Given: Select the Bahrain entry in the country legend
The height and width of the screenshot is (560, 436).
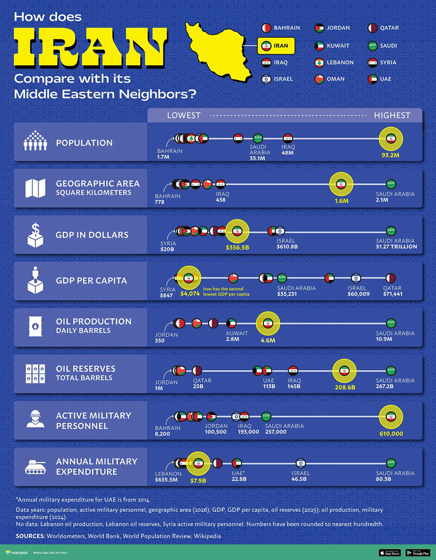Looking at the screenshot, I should [281, 28].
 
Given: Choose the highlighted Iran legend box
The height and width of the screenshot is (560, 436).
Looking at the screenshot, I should [276, 46].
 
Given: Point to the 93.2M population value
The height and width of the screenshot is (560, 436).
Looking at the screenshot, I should [391, 155].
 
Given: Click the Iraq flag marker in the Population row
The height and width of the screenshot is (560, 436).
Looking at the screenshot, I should [288, 139].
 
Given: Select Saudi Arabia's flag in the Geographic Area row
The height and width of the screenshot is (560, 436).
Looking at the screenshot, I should [391, 184].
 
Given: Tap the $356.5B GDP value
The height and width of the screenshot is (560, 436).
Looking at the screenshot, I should [237, 247].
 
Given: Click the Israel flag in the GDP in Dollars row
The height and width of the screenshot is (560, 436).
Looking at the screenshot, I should [280, 231].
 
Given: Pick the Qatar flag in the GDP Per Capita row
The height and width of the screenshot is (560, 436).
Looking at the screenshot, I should [391, 278].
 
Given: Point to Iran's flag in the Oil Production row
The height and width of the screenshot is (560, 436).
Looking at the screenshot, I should [268, 323].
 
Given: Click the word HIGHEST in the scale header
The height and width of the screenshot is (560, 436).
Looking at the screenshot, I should [392, 115].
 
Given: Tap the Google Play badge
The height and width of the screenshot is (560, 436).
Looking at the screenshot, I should [418, 552].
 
